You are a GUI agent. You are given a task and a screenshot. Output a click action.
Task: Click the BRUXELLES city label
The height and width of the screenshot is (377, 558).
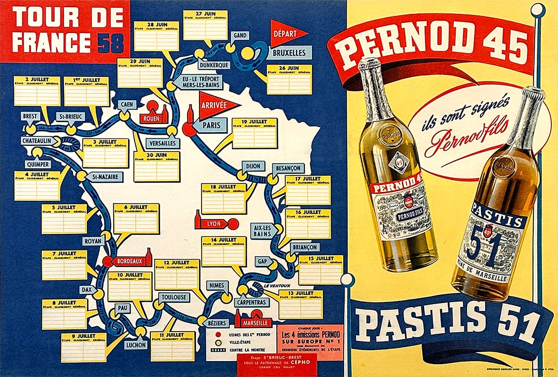point(289,53)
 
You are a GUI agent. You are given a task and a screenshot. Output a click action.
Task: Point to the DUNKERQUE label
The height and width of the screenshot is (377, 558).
point(213,65)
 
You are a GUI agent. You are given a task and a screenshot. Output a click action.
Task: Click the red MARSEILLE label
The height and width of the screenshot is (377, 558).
point(254,323)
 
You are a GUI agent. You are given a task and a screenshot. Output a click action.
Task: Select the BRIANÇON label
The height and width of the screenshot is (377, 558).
point(304,247)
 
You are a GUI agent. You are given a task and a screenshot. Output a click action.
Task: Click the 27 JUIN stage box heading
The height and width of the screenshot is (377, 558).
point(205,13)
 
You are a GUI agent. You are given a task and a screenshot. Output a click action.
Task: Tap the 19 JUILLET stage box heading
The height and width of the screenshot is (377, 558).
point(254,121)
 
